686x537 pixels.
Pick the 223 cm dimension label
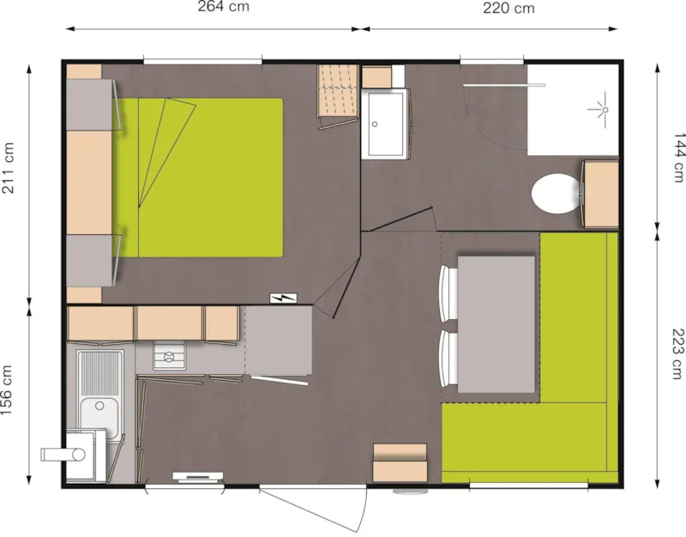(678, 353)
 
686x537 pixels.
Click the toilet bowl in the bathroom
(554, 192)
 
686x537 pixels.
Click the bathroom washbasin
(384, 124)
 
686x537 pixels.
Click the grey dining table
(496, 323)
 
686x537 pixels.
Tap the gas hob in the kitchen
(170, 355)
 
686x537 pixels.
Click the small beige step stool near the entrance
(400, 462)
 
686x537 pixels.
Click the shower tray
(572, 110)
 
